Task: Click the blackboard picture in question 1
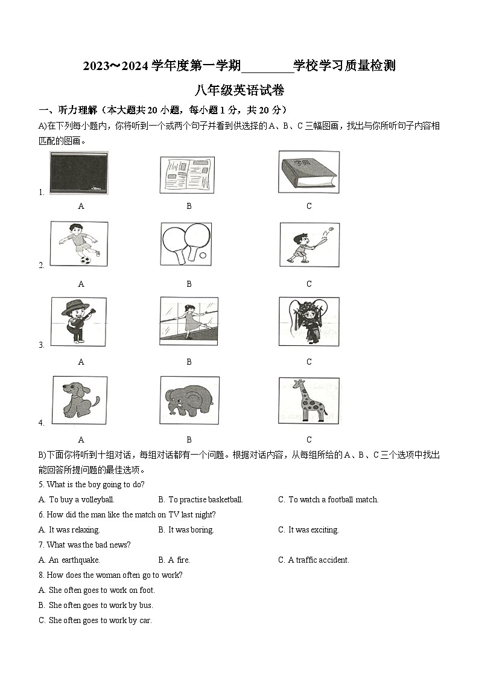[x=79, y=173]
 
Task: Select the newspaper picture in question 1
[x=187, y=175]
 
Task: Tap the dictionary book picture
[x=308, y=172]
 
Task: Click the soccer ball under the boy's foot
[x=86, y=260]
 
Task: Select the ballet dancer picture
[x=189, y=321]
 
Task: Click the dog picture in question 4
[x=80, y=400]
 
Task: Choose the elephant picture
[x=189, y=400]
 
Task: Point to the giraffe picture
[x=309, y=400]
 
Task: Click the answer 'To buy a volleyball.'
[x=81, y=500]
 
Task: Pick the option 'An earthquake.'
[x=74, y=560]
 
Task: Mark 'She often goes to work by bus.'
[x=101, y=606]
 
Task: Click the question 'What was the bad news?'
[x=88, y=545]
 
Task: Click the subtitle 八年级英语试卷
[x=239, y=91]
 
